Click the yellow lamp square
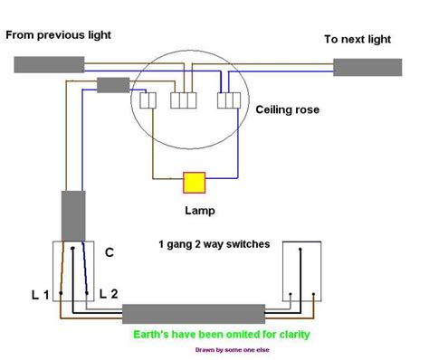195,182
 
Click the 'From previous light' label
59,35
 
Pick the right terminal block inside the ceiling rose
230,100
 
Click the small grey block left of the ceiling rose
113,85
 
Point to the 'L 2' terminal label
109,293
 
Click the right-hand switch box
302,271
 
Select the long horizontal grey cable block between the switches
194,314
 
